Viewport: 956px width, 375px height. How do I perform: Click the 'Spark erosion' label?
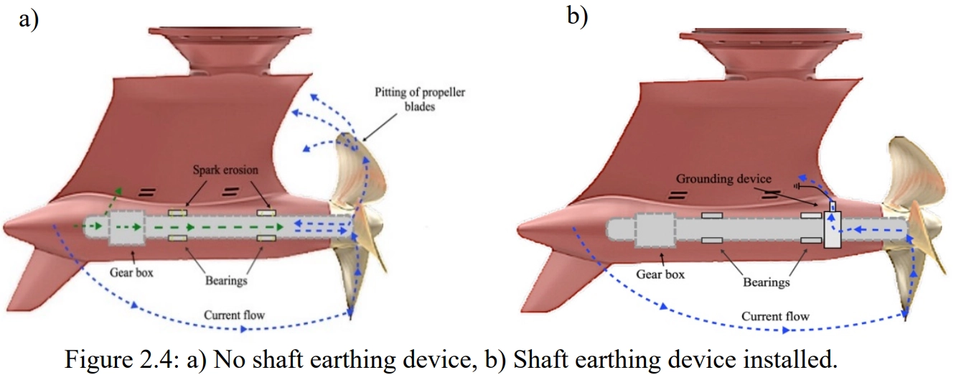pyautogui.click(x=225, y=170)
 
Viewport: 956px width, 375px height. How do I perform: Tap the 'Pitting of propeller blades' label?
pyautogui.click(x=420, y=99)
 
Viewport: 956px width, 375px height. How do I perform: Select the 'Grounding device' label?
pyautogui.click(x=724, y=179)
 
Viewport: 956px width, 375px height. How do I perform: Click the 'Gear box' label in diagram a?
pyautogui.click(x=131, y=272)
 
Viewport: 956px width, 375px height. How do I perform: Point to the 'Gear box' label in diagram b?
pyautogui.click(x=660, y=274)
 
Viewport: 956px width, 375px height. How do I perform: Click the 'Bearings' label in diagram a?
pyautogui.click(x=226, y=281)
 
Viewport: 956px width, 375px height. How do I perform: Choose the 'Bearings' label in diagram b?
pyautogui.click(x=767, y=282)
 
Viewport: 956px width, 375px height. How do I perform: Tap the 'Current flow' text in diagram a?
pyautogui.click(x=234, y=315)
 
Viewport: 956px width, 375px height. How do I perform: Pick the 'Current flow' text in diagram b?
pyautogui.click(x=775, y=317)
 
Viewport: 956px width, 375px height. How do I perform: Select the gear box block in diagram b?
pyautogui.click(x=655, y=230)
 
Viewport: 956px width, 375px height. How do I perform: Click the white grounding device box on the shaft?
pyautogui.click(x=833, y=229)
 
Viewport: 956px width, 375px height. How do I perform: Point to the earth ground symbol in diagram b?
pyautogui.click(x=797, y=186)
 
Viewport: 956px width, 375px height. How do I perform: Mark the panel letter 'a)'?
pyautogui.click(x=29, y=19)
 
